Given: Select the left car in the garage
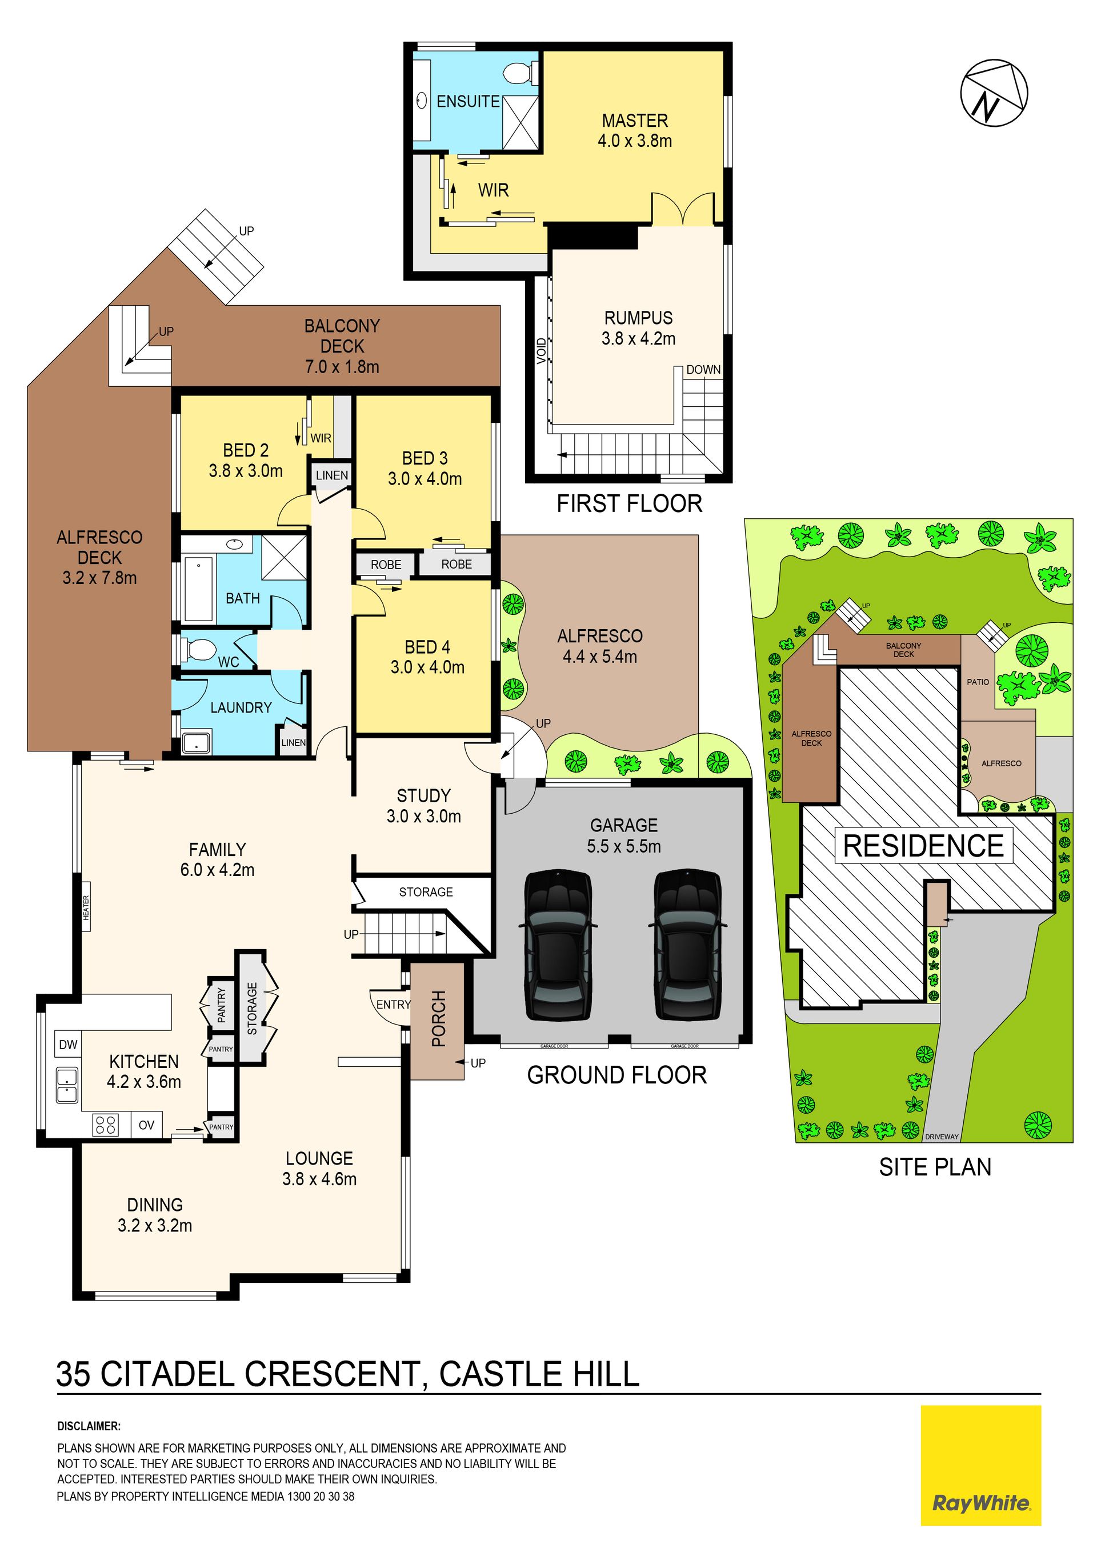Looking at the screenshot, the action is pos(558,945).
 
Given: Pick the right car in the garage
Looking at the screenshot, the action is pos(687,945).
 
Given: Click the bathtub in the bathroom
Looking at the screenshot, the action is pos(199,587).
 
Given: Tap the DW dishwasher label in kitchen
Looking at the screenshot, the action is pos(68,1045).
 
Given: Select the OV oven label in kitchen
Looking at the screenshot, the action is pos(147,1125).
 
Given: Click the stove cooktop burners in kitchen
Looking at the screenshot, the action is pos(106,1125).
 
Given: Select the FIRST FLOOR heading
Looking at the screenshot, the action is pos(629,503).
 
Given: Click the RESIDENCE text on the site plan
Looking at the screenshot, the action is pos(923,846).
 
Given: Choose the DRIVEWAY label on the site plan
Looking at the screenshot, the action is pos(942,1137).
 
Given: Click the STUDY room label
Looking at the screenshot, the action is pos(424,795).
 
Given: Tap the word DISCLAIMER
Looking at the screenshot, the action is pos(89,1426).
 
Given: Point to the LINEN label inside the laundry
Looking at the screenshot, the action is pos(293,742).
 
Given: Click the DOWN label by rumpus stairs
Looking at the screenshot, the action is pos(703,370).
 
